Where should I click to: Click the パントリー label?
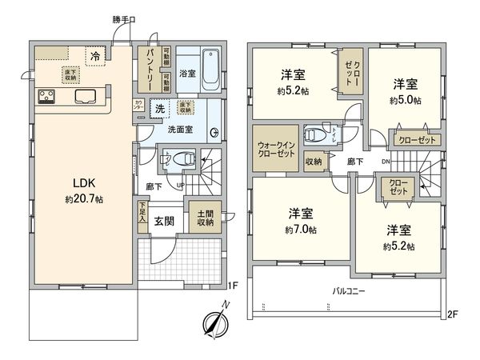tap(149, 68)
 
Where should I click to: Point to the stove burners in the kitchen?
tap(46, 98)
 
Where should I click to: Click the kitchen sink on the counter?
tap(84, 98)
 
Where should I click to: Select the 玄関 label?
tap(165, 222)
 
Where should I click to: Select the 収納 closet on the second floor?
tap(314, 162)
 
